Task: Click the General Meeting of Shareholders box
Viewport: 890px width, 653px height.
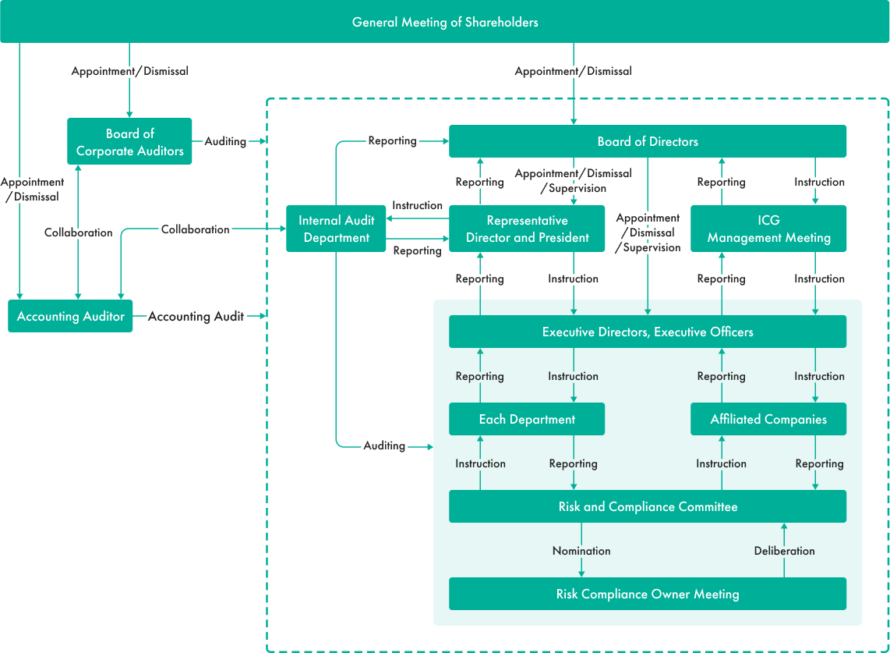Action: pos(445,22)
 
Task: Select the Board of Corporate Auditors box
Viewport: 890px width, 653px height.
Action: pos(129,142)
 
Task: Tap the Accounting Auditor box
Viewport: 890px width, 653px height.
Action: pos(71,316)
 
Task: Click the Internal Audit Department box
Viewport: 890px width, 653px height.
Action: pos(336,229)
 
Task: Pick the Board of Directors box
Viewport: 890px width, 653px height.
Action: pos(647,141)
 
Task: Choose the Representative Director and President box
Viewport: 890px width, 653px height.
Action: pos(527,229)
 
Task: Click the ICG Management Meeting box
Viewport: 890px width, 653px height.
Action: pos(768,229)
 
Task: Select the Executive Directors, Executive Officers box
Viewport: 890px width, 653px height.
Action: pos(647,332)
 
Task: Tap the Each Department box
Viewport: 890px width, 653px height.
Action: pos(527,419)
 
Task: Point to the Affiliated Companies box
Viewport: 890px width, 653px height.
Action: pos(768,419)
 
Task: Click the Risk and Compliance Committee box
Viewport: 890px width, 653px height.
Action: pos(647,506)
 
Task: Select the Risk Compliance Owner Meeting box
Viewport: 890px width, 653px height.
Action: pos(647,594)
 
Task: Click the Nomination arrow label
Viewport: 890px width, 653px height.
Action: pos(581,551)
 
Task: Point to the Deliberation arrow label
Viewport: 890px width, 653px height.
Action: pos(784,551)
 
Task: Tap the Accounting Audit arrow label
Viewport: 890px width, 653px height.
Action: pos(196,316)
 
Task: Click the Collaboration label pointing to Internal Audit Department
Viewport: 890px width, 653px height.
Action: pos(195,229)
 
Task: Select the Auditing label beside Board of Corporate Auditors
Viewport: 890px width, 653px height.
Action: pos(225,142)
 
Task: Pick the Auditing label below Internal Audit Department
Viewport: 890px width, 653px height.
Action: pos(384,445)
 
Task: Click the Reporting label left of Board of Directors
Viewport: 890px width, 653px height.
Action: pos(392,140)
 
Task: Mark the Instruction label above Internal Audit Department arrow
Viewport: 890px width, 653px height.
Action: pos(417,205)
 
